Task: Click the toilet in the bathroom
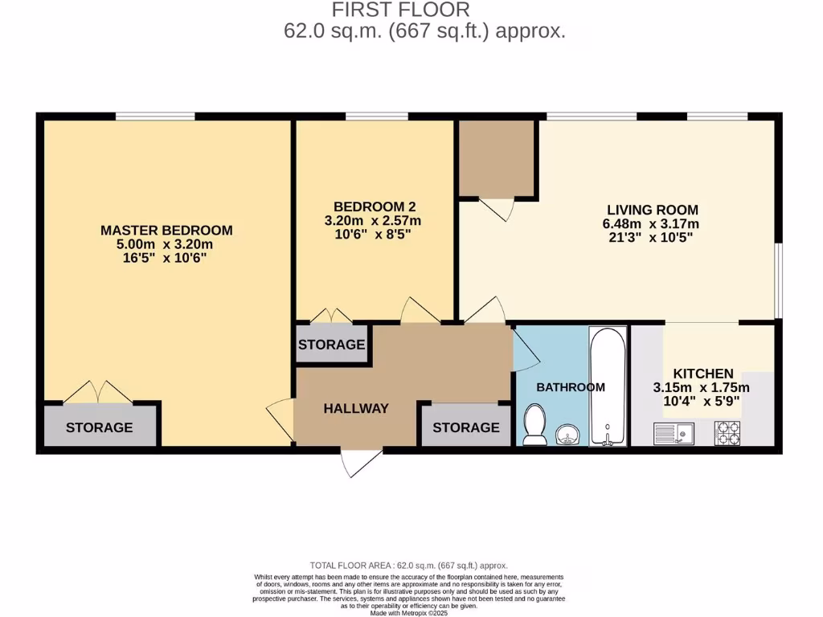(534, 423)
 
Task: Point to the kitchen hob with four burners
(727, 434)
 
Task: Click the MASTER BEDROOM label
(166, 230)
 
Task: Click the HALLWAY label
(356, 408)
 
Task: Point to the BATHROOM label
(571, 387)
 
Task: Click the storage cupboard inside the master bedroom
(100, 427)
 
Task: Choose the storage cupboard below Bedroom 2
(331, 345)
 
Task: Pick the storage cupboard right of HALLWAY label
(466, 427)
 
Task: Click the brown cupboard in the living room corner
(497, 158)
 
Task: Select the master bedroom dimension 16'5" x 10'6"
(166, 258)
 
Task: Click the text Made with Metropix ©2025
(409, 613)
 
